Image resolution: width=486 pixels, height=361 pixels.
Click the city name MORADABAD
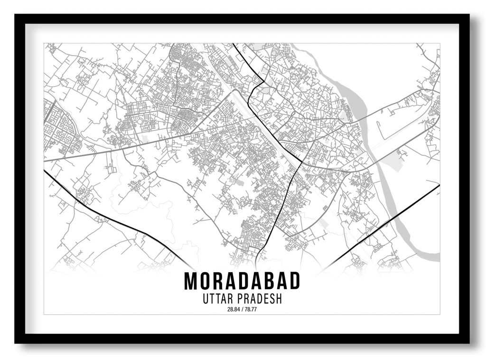click(x=242, y=281)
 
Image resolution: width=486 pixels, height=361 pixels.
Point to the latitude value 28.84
click(x=233, y=310)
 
